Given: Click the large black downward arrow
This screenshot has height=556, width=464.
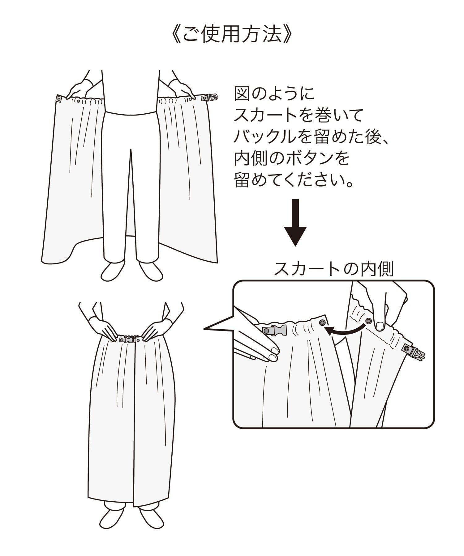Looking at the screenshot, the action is point(295,222).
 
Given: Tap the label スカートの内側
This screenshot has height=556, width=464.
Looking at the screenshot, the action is point(333,269).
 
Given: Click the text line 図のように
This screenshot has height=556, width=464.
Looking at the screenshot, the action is point(274,94).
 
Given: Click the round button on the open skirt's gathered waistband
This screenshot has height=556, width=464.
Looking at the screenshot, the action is point(79,101).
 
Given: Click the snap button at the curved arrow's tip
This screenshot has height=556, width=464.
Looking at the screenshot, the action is point(322,322).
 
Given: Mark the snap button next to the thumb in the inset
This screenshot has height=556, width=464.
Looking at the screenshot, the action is point(368,321).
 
